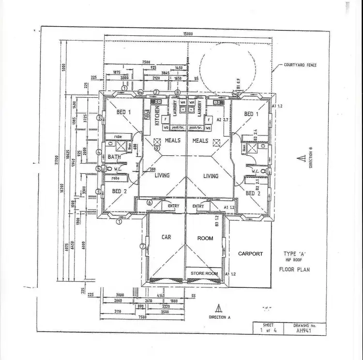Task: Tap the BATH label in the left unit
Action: (x=114, y=157)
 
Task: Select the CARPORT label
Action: (x=250, y=254)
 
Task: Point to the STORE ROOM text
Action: (x=203, y=273)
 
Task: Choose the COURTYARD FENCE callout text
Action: (x=300, y=65)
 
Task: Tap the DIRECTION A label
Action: (x=220, y=317)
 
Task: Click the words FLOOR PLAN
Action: (x=294, y=269)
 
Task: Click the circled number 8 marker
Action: (x=178, y=92)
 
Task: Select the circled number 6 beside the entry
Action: (x=150, y=202)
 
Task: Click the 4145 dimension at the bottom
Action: (x=165, y=295)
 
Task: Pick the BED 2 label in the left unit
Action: (x=119, y=192)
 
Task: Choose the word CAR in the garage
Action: (x=166, y=237)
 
